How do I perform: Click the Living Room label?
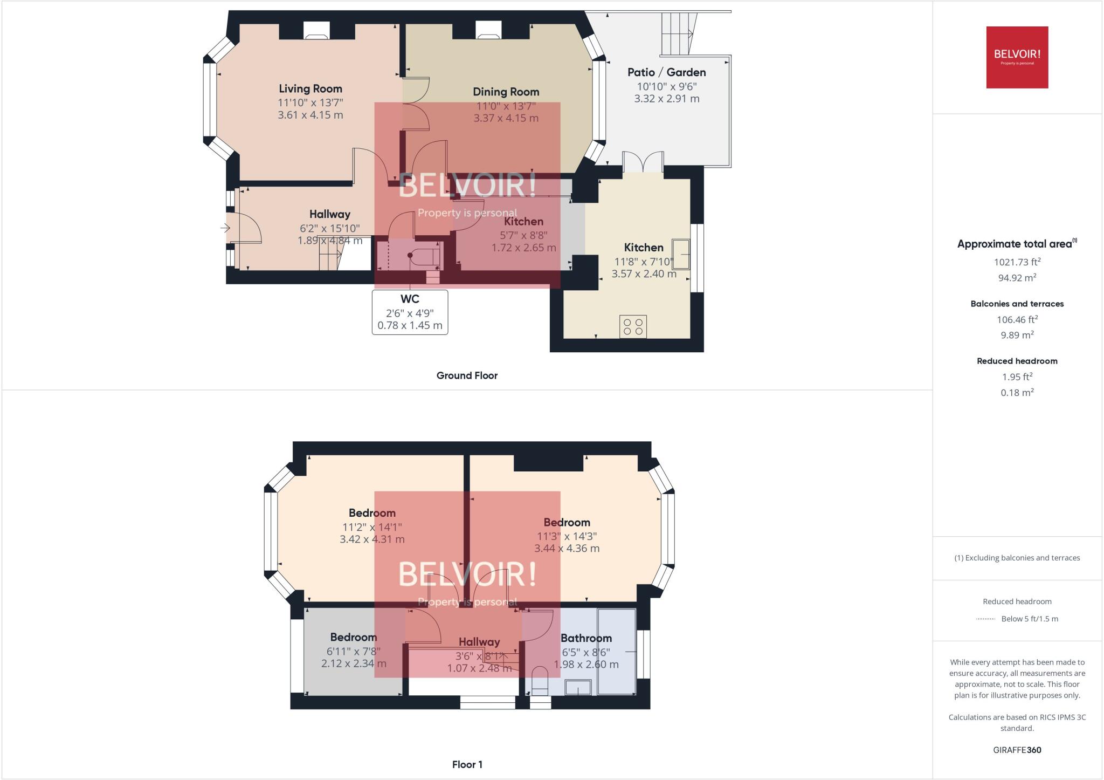[310, 89]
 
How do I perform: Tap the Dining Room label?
[506, 92]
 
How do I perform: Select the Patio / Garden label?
[666, 72]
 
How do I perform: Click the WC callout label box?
[410, 312]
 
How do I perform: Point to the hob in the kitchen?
[633, 327]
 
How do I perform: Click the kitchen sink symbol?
[680, 254]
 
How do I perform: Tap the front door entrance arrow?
[225, 228]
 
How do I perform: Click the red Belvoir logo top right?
[1017, 57]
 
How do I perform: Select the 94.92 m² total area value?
[1017, 278]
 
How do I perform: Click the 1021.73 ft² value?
[1017, 262]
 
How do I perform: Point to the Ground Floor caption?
[467, 375]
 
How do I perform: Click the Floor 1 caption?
[467, 764]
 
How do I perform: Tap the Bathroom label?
[586, 638]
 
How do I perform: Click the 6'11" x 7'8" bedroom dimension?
[353, 652]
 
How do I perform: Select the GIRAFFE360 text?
[1017, 750]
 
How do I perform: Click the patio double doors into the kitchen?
[643, 162]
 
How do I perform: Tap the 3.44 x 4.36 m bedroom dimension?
[567, 549]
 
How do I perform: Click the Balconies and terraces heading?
[1017, 304]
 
